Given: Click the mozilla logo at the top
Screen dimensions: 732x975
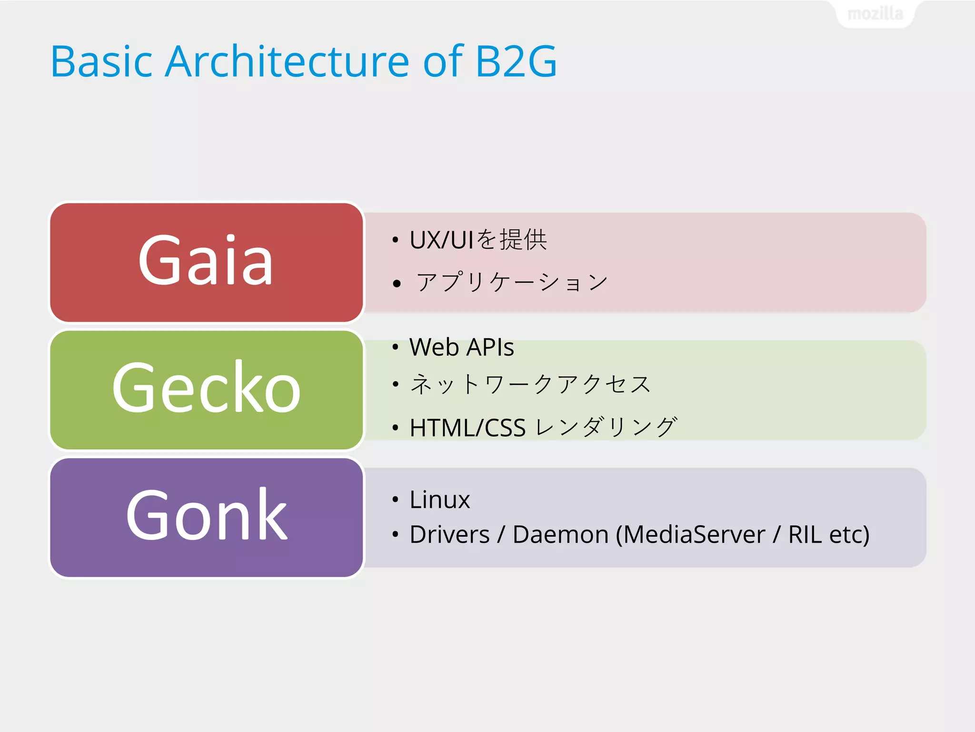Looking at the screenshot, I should pyautogui.click(x=875, y=14).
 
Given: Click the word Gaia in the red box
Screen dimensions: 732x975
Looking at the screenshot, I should pyautogui.click(x=206, y=261).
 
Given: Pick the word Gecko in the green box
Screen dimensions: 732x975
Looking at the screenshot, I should pyautogui.click(x=206, y=387).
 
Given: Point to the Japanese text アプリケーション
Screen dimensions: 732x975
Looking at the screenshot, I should pyautogui.click(x=512, y=282).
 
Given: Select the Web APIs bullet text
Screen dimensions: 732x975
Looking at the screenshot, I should pyautogui.click(x=461, y=347).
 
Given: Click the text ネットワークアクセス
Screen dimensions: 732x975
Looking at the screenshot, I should pyautogui.click(x=530, y=384).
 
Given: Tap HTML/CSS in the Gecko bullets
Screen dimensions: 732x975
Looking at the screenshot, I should pyautogui.click(x=468, y=427).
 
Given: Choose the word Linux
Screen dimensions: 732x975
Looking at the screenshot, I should pyautogui.click(x=439, y=500).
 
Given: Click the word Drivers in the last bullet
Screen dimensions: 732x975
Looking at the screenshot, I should pyautogui.click(x=449, y=534).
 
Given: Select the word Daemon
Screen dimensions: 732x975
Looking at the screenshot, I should pyautogui.click(x=560, y=534).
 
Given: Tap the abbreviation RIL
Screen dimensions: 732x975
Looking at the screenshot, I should pyautogui.click(x=805, y=534).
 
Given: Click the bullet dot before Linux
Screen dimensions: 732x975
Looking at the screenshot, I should pyautogui.click(x=395, y=499).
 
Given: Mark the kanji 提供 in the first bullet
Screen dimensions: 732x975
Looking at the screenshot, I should pyautogui.click(x=523, y=239).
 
